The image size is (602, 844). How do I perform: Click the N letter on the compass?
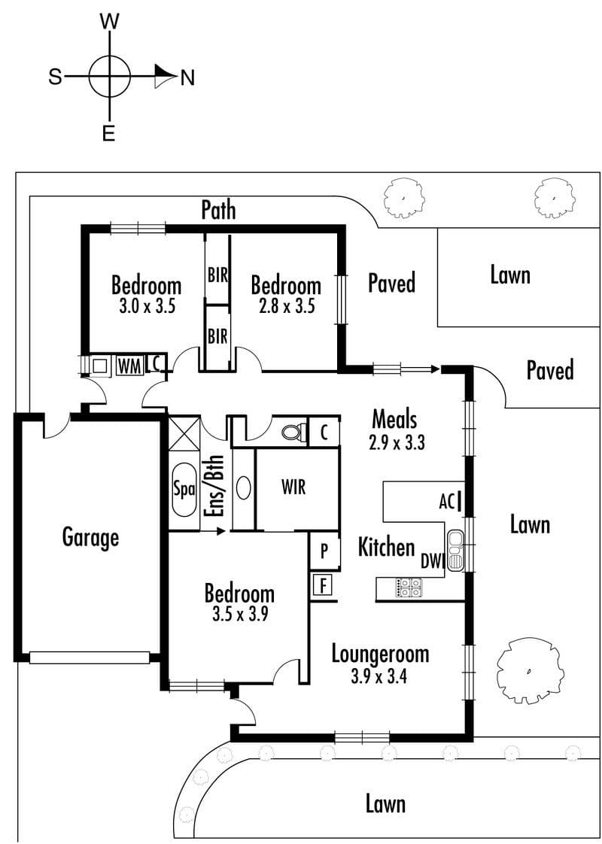187,78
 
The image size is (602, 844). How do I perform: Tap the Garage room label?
90,537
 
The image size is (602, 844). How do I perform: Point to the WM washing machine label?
129,366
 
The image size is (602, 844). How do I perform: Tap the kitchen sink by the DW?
455,550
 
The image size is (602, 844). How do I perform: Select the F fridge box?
323,585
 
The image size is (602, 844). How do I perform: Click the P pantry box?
324,550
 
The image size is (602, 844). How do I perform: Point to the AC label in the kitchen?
446,502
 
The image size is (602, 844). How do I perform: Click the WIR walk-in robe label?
293,487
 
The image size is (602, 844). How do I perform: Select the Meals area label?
395,419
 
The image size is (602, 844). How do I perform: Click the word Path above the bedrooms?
218,210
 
